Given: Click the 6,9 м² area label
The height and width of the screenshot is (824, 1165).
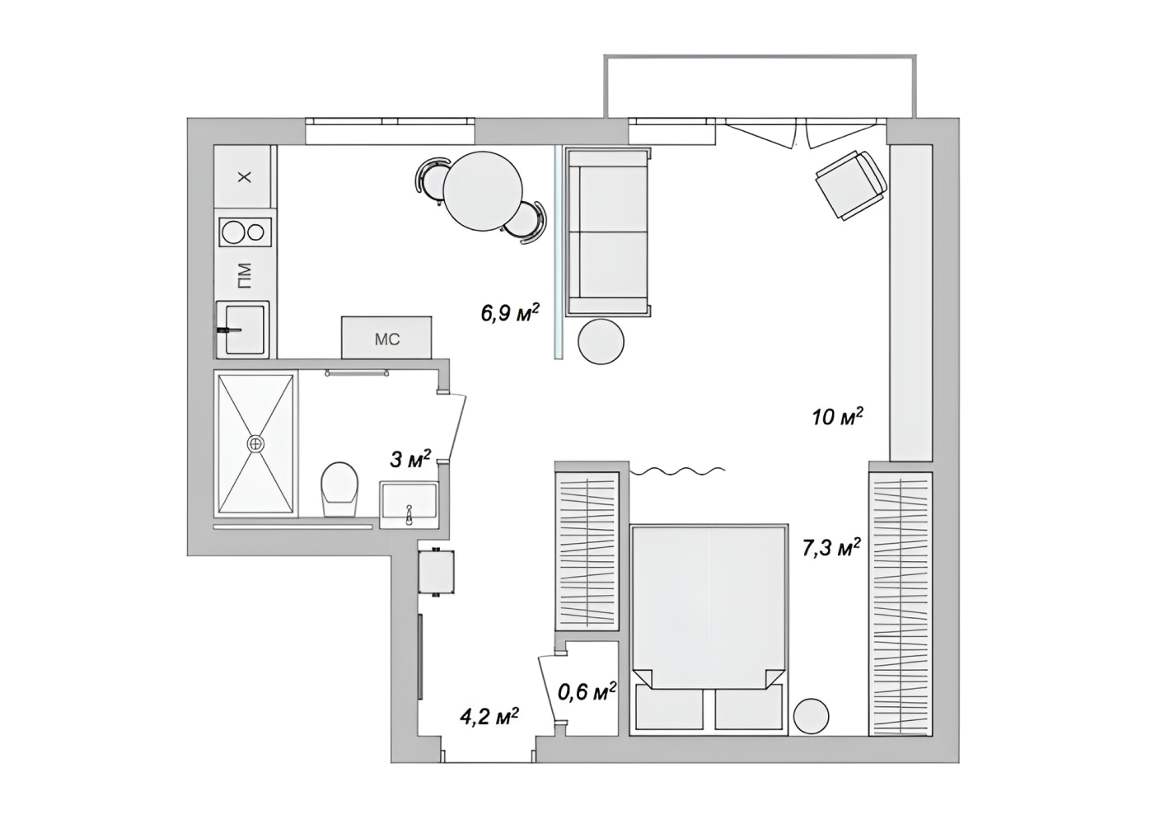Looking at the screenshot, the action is pyautogui.click(x=510, y=313).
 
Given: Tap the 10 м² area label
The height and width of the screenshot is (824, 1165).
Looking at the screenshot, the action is pyautogui.click(x=838, y=416).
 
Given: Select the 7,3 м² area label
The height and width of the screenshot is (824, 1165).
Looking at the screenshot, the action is pyautogui.click(x=831, y=548).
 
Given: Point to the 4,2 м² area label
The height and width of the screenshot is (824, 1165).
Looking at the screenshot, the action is pyautogui.click(x=489, y=716).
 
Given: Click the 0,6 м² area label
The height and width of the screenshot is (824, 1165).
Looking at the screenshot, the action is pyautogui.click(x=587, y=691).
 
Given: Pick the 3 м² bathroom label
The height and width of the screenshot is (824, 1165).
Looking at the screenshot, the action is pyautogui.click(x=410, y=459).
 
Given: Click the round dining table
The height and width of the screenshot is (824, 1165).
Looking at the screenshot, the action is pyautogui.click(x=483, y=191).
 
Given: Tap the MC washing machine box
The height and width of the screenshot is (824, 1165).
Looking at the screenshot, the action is pyautogui.click(x=386, y=337).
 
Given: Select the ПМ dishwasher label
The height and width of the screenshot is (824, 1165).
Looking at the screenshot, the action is pyautogui.click(x=244, y=276).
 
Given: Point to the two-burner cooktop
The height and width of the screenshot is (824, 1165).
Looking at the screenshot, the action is pyautogui.click(x=245, y=232).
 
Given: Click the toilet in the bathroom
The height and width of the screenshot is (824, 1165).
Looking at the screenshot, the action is pyautogui.click(x=340, y=489).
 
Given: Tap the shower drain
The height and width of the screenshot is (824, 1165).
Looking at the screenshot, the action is pyautogui.click(x=255, y=443).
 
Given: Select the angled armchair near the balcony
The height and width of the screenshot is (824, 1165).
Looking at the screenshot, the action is pyautogui.click(x=850, y=185).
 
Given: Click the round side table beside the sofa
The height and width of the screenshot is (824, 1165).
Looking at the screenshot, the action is pyautogui.click(x=601, y=341).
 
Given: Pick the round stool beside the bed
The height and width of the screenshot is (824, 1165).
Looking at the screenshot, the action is pyautogui.click(x=812, y=716).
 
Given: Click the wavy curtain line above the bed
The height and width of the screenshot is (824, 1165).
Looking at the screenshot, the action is pyautogui.click(x=677, y=471).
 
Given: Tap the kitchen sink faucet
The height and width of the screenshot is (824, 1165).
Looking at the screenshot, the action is pyautogui.click(x=229, y=330).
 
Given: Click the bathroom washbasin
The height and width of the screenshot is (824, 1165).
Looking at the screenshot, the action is pyautogui.click(x=409, y=505).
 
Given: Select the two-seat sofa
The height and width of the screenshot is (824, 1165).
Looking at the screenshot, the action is pyautogui.click(x=608, y=232).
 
